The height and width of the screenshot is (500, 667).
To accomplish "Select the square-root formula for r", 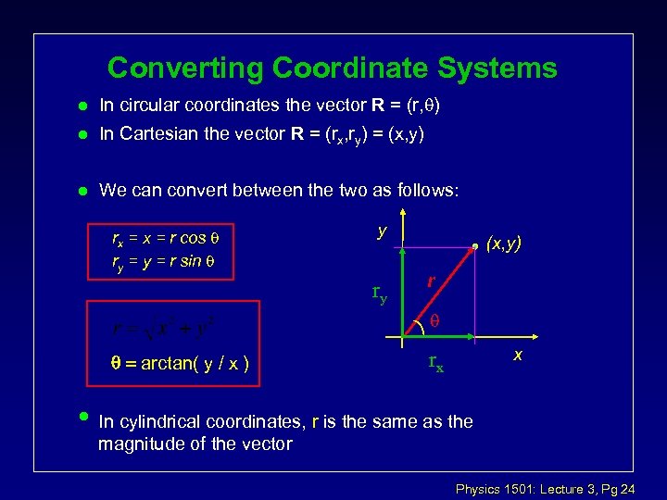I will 168,328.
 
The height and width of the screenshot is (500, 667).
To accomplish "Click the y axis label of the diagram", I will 382,231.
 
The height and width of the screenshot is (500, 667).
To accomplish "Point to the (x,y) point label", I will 505,244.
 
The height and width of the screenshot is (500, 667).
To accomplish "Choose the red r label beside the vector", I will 433,281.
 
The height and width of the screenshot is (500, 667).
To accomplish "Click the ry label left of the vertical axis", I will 379,294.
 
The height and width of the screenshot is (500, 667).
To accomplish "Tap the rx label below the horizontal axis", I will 434,364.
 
